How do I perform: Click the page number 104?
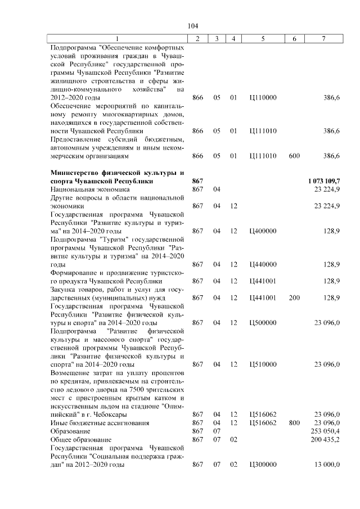pos(193,26)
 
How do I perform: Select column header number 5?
pos(263,38)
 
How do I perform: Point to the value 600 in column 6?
pos(294,155)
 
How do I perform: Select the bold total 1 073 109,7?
pos(323,181)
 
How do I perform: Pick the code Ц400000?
pos(263,231)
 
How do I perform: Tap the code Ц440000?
pos(263,264)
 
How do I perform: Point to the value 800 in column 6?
pos(294,422)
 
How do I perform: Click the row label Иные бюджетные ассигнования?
pos(92,422)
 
